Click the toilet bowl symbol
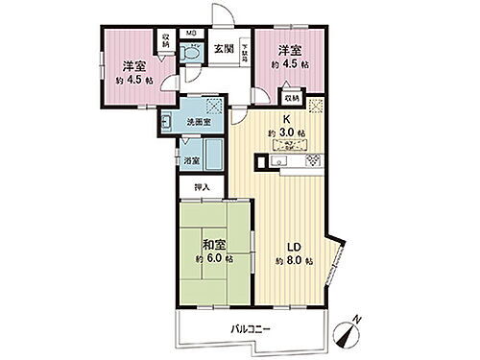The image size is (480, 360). [191, 56]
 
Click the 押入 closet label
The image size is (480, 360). [203, 189]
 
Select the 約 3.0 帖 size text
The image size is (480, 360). [285, 132]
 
